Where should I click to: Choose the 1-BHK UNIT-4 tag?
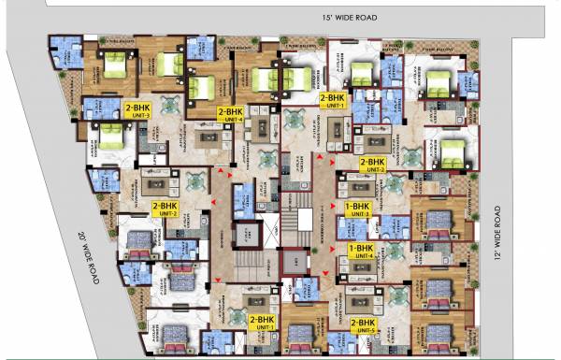pos(361,250)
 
